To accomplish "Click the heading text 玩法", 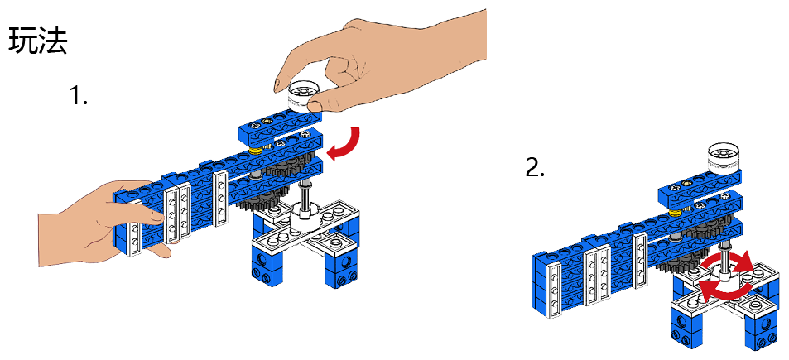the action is [38, 41].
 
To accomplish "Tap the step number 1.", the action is [78, 94].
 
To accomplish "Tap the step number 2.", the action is [535, 168].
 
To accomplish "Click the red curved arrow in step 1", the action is [347, 143].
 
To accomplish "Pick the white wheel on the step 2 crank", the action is [724, 157].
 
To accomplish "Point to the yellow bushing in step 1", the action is [256, 151].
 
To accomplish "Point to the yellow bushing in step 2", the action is [676, 214].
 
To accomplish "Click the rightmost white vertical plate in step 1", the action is [220, 199].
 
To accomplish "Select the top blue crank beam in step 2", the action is [700, 187].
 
